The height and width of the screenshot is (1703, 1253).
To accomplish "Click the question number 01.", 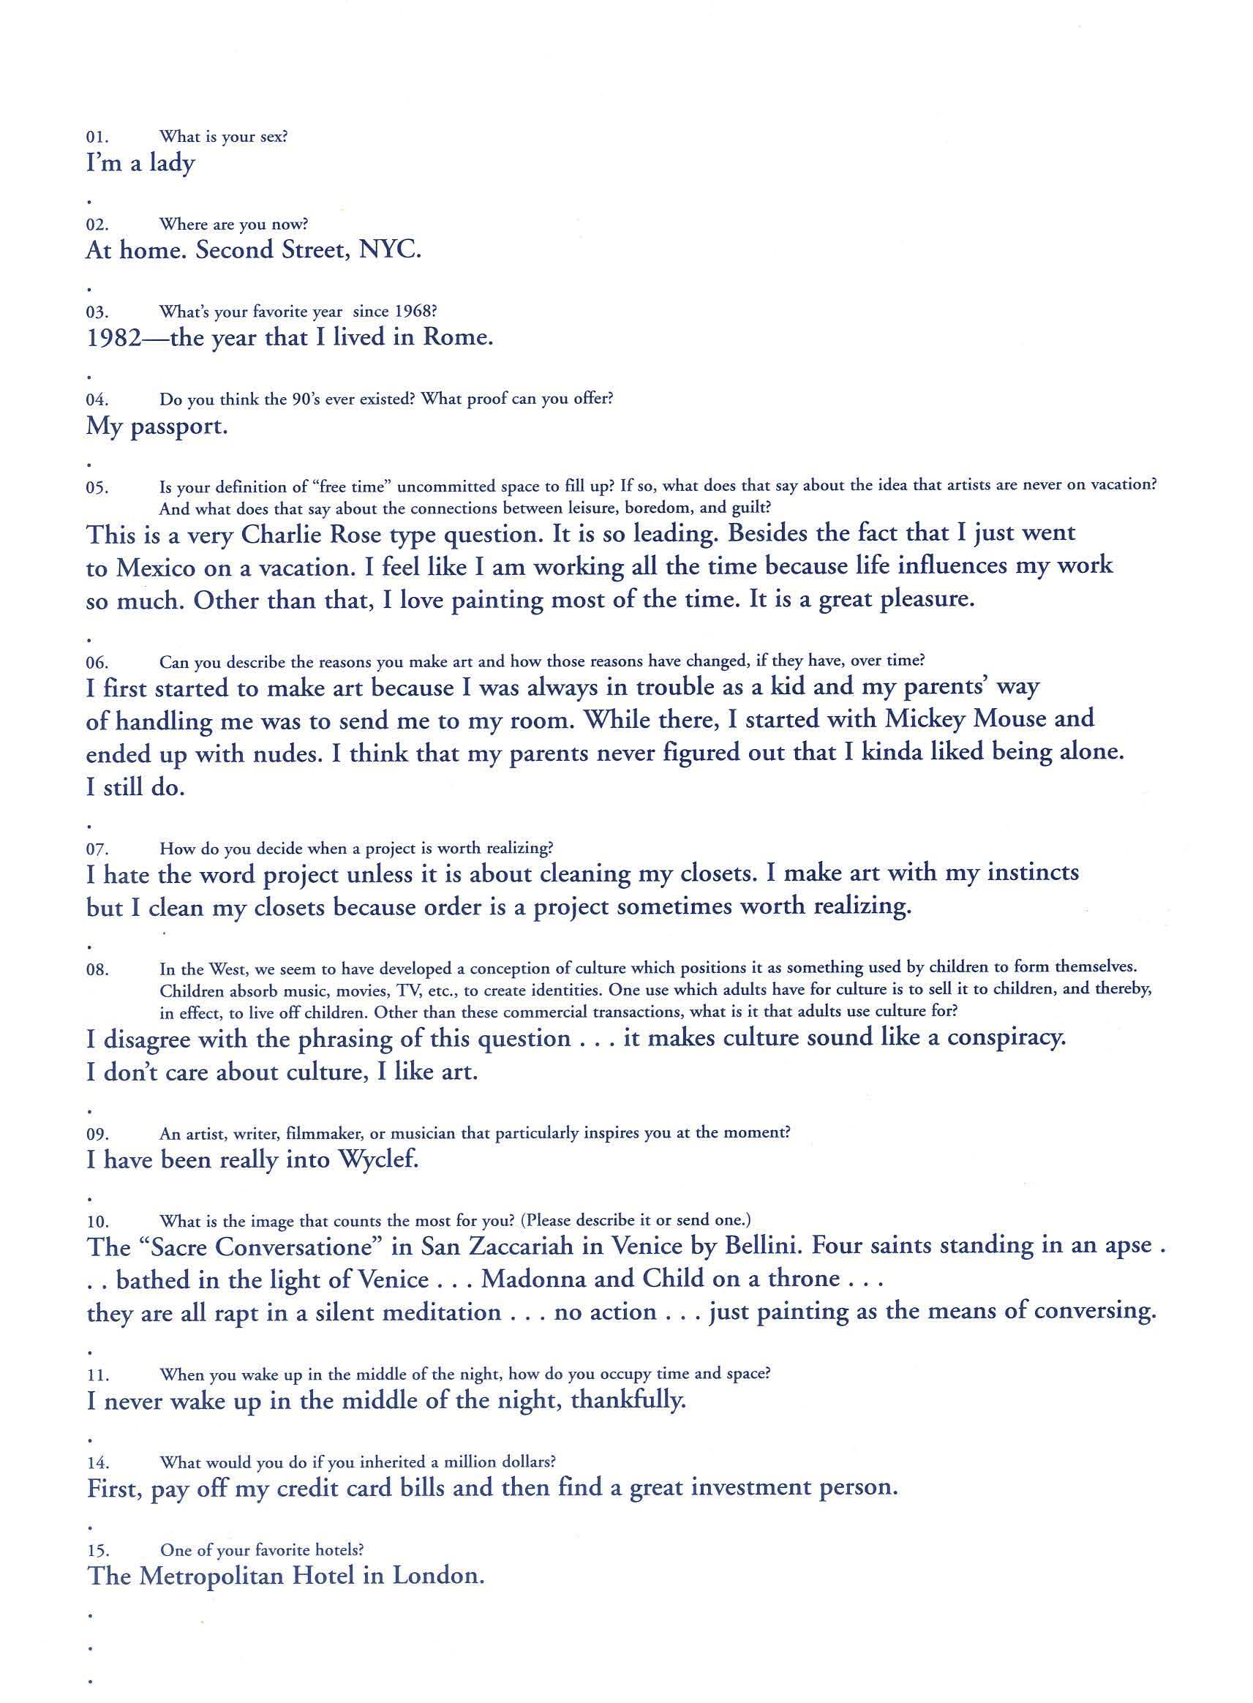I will (97, 138).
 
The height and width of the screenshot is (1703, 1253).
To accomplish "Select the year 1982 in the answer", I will (115, 337).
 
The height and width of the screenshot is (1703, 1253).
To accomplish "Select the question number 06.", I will (97, 663).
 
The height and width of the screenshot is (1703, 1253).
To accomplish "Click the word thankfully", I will (628, 1400).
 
